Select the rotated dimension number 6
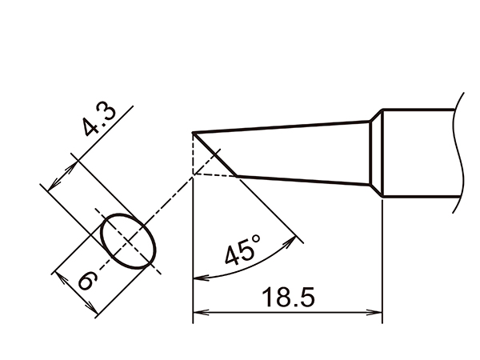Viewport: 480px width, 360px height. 87,280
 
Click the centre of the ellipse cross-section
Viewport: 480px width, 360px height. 128,240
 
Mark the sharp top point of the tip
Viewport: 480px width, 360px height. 194,133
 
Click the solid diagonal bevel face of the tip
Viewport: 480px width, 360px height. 216,154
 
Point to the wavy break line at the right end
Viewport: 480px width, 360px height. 459,152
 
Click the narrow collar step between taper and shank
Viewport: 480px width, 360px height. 375,156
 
